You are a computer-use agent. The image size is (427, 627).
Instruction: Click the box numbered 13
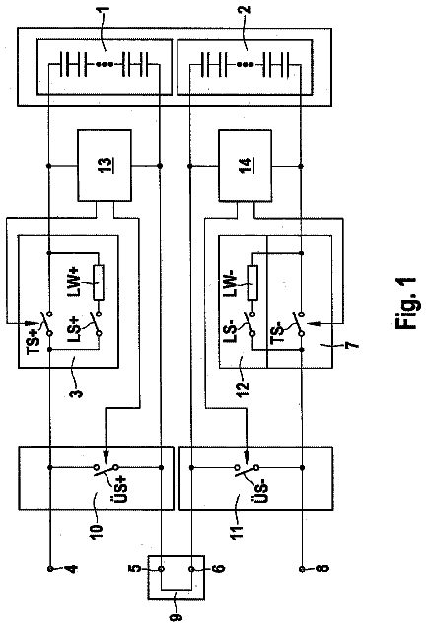(x=105, y=166)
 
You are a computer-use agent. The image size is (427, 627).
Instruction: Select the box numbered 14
(x=245, y=166)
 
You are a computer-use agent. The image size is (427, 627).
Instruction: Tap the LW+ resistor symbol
(x=99, y=282)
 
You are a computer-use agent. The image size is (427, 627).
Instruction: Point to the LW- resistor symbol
(x=252, y=282)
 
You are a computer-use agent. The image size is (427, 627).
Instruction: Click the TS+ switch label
(x=34, y=338)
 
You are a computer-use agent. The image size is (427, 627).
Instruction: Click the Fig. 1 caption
(x=406, y=304)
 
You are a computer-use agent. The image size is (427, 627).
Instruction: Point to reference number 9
(x=176, y=617)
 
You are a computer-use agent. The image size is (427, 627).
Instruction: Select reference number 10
(x=97, y=529)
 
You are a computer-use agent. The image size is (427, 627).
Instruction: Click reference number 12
(x=243, y=385)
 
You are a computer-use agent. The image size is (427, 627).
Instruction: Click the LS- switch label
(x=231, y=329)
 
